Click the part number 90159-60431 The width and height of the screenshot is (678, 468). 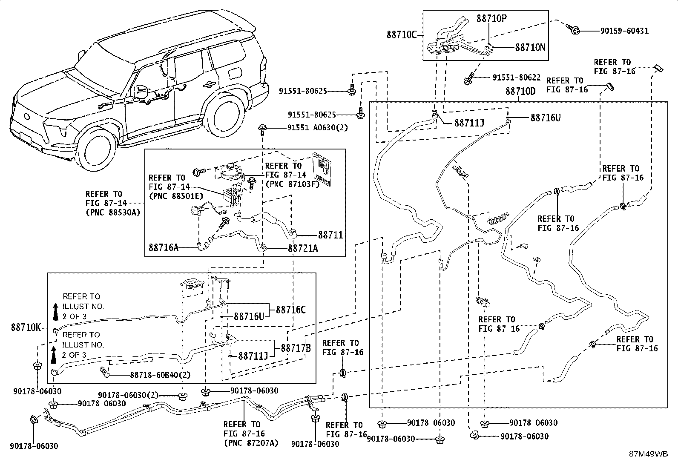[x=625, y=31]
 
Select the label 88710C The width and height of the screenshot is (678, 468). [x=402, y=34]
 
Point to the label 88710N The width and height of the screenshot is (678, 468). [x=530, y=47]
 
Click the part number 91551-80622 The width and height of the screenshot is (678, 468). [x=517, y=78]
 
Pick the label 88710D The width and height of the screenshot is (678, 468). [x=520, y=91]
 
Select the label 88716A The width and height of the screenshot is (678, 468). [x=164, y=247]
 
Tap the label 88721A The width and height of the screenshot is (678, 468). [x=303, y=248]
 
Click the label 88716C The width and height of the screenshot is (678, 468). [x=291, y=310]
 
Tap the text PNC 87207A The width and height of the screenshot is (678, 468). [x=251, y=443]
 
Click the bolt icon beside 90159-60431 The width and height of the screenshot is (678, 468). [x=574, y=29]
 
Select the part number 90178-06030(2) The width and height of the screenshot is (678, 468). [x=128, y=395]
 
